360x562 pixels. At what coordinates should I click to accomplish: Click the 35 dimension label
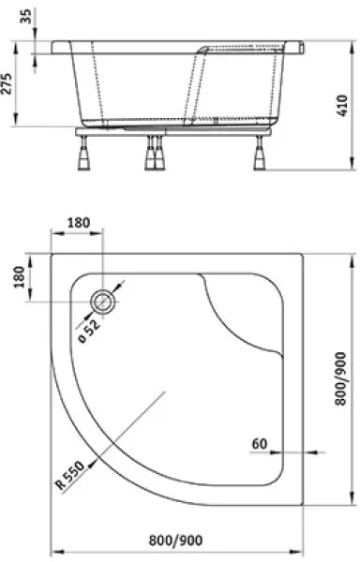click(x=26, y=16)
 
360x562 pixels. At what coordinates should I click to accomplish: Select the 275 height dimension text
click(x=7, y=83)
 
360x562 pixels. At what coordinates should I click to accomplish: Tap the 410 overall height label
click(x=342, y=105)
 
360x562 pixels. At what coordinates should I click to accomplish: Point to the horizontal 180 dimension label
click(x=79, y=223)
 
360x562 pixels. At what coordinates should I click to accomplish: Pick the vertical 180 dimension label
click(x=19, y=277)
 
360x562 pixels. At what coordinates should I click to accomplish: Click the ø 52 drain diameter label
click(x=88, y=331)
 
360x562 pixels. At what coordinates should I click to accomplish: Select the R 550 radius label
click(x=70, y=475)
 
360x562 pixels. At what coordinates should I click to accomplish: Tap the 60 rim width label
click(x=260, y=444)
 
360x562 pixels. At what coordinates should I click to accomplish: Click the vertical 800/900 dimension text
click(x=340, y=378)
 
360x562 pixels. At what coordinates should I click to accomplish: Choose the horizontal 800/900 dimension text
click(x=175, y=540)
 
